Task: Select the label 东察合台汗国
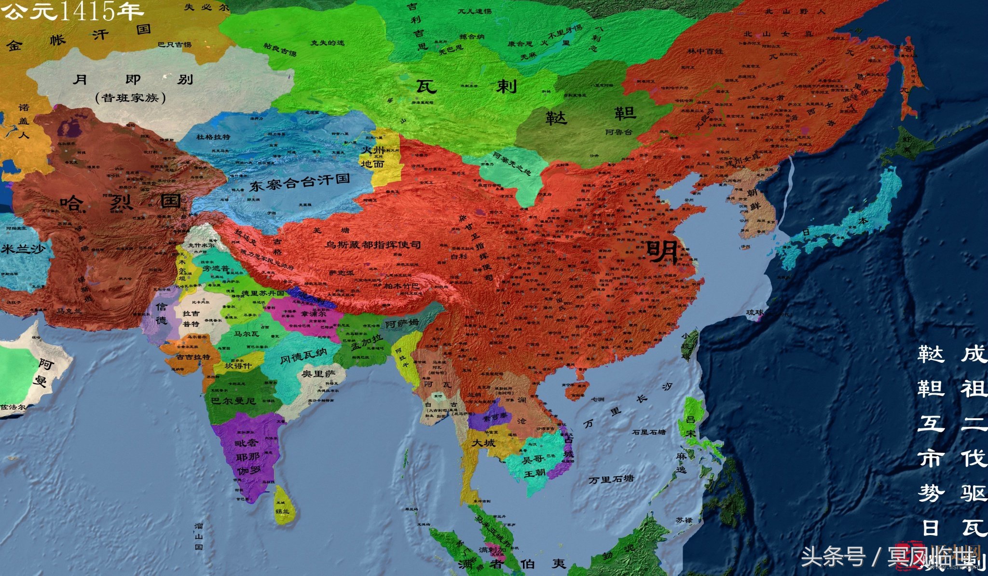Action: click(299, 182)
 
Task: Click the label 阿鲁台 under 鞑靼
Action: click(619, 132)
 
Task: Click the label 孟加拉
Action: click(367, 342)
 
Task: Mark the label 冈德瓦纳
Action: click(303, 356)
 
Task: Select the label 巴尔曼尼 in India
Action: click(233, 400)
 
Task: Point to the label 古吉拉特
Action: click(193, 357)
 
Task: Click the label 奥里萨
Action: click(318, 373)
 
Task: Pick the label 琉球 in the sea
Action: click(755, 313)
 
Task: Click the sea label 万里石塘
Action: click(611, 480)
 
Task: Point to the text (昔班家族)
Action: click(131, 98)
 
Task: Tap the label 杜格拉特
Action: click(213, 137)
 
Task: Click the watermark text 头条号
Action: click(833, 557)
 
